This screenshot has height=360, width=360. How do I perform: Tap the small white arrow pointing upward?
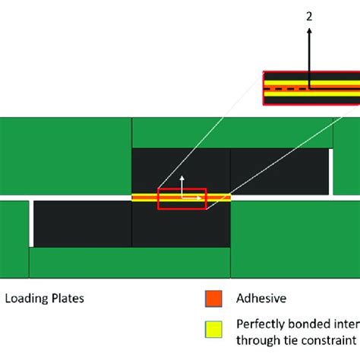182,181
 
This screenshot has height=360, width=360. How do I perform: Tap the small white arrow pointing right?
199,197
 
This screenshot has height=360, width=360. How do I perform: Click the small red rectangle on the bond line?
181,197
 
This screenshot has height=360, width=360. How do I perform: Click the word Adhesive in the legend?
261,299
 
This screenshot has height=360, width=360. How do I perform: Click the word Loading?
26,298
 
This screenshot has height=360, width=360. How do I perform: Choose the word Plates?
67,298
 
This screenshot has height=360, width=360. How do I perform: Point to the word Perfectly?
261,322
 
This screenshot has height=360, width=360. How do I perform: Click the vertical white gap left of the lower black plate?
31,223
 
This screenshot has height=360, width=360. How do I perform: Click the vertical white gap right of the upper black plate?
332,172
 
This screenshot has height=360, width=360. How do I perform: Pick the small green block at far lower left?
14,263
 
